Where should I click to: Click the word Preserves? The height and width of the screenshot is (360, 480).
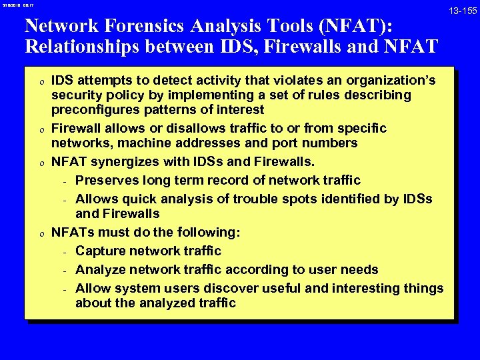click(x=107, y=180)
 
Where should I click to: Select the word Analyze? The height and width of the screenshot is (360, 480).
click(x=99, y=270)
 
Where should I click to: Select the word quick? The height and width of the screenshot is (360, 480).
click(x=137, y=199)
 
